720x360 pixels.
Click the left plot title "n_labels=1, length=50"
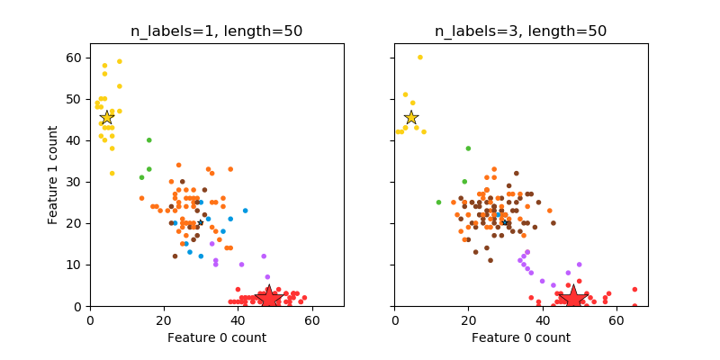pos(216,31)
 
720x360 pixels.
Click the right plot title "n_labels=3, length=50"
pos(520,31)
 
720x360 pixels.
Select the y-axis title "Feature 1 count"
pos(54,175)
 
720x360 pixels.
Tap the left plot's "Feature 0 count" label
pos(216,337)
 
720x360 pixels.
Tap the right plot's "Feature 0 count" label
pos(520,337)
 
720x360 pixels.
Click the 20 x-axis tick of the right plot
pos(468,319)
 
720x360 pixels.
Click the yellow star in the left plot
pos(106,118)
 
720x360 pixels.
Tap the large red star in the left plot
pos(268,297)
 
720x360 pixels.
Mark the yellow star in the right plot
pos(411,118)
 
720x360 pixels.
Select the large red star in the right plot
pos(572,297)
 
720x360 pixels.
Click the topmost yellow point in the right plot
pos(419,58)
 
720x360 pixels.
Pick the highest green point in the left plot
pos(149,140)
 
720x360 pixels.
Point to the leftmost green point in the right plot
pos(438,202)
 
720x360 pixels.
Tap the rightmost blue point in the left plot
pos(245,211)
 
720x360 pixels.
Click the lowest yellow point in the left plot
pos(112,174)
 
